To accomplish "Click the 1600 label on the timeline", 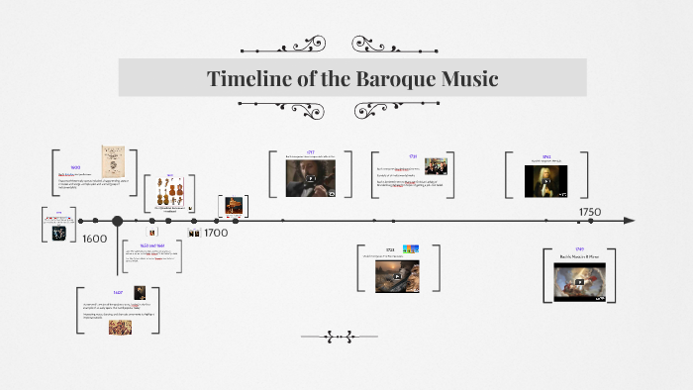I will pos(95,239).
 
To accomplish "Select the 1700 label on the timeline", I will pos(215,233).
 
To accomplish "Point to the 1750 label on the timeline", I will pos(590,212).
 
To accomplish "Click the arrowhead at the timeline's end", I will pos(630,222).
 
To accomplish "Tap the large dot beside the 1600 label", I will pos(117,222).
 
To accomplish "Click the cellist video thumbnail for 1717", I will pos(311,178).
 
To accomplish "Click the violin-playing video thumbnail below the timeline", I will pos(396,276).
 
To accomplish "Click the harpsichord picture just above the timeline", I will pos(233,205).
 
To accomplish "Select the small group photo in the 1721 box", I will pos(436,166).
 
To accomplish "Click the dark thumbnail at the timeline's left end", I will pos(58,233).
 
